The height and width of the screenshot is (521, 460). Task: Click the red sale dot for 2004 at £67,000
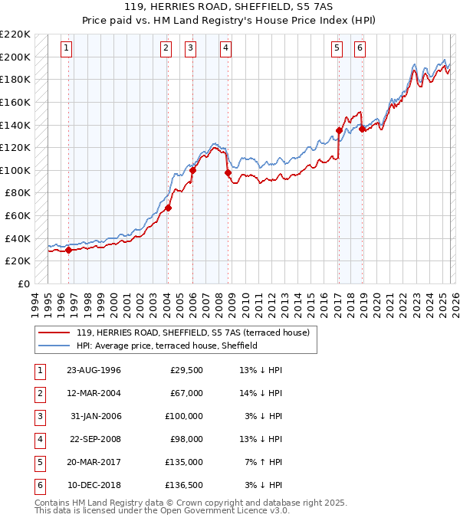168,208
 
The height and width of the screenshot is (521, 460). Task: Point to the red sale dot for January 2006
192,170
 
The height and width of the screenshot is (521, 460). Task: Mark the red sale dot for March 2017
338,131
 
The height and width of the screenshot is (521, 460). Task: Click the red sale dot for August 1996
69,250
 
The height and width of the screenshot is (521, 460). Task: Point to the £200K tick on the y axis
15,57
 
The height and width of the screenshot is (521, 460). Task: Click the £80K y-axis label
18,193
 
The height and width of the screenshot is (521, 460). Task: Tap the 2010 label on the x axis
245,304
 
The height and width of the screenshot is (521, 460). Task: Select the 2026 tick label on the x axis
455,304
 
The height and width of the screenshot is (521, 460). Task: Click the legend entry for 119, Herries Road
192,333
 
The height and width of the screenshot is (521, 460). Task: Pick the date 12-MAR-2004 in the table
94,393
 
